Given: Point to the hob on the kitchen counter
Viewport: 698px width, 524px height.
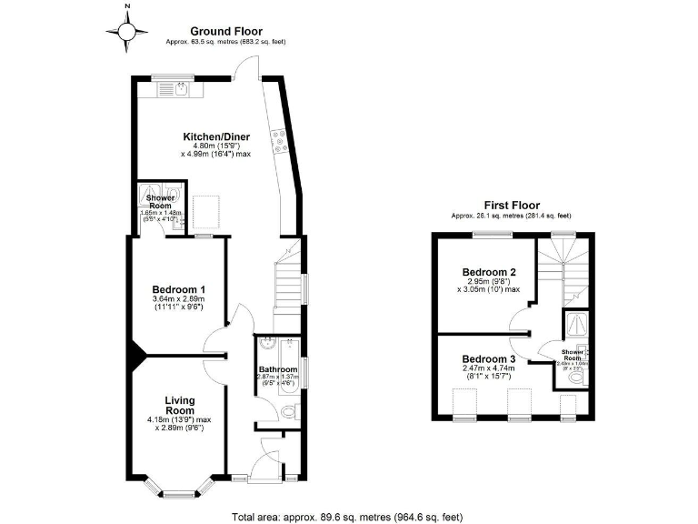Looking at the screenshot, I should coord(280,140).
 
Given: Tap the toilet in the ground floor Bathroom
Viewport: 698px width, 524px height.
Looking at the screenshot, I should coord(288,412).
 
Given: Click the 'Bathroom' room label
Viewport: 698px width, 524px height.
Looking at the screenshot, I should coord(279,369).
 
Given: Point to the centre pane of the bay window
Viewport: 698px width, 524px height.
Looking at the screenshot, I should coord(177,495).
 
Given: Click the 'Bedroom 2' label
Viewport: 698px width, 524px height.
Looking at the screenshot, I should coord(489,272).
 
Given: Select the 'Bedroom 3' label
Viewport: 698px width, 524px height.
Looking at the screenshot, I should coord(489,359).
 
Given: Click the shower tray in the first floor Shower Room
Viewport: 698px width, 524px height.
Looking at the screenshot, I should coord(575,325).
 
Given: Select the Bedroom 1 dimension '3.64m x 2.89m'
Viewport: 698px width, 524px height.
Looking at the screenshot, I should coord(177,298).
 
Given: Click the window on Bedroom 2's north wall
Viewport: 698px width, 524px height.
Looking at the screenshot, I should coord(492,235).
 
